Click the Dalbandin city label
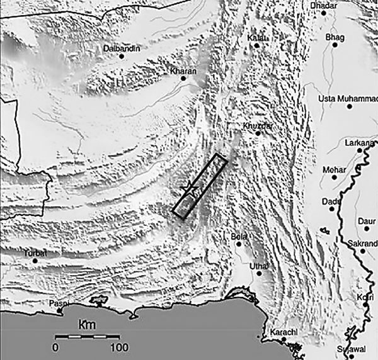coord(122,48)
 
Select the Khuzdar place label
coord(257,127)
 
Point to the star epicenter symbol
coord(187,188)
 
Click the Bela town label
coord(239,236)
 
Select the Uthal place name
coord(259,266)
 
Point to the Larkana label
coord(360,143)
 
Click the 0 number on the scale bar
coord(55,347)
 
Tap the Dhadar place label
coord(326,6)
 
